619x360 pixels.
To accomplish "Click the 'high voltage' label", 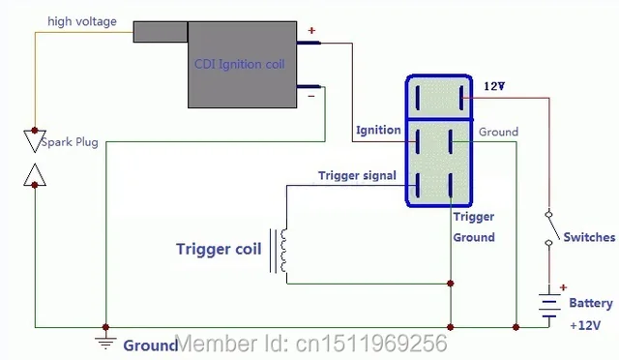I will click(84, 20).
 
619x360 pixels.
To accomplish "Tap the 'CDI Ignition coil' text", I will click(241, 64).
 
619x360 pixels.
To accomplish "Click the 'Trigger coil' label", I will click(219, 249).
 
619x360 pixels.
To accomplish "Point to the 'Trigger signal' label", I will click(357, 175).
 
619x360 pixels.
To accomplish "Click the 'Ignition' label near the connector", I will click(377, 130).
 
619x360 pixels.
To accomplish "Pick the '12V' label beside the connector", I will click(494, 86).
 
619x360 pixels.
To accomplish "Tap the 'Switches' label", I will click(589, 237).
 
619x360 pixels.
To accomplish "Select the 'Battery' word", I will click(590, 303).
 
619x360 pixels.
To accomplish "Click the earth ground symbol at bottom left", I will click(104, 341).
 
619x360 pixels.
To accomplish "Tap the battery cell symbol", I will click(550, 307).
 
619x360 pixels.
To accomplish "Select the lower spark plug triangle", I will click(35, 175).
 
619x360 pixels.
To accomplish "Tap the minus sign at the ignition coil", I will click(311, 96).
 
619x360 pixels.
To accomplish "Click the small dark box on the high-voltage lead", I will click(160, 31).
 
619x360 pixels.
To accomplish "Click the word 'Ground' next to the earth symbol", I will click(149, 345).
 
